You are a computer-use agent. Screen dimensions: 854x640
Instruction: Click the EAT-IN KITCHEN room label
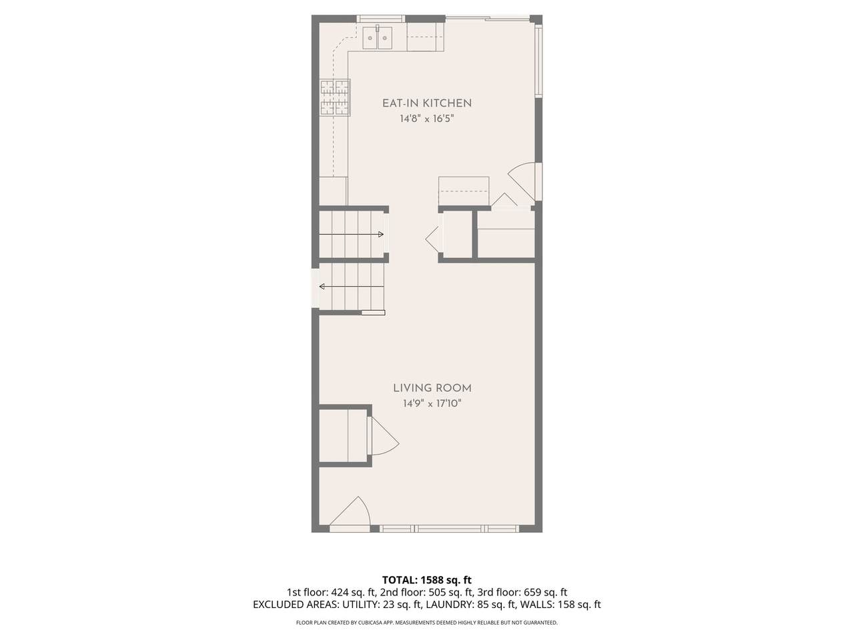click(427, 103)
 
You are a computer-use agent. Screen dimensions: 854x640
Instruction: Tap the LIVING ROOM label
click(432, 388)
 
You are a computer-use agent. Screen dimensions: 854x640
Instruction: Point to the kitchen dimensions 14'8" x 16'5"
click(427, 119)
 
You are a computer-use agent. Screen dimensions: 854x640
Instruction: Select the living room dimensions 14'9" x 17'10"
click(432, 403)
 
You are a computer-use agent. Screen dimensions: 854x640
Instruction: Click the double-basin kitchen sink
click(378, 38)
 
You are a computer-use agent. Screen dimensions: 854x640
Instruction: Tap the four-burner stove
click(335, 97)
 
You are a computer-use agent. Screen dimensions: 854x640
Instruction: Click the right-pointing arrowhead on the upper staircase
click(381, 234)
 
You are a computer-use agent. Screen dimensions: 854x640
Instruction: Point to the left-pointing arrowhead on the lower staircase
click(322, 287)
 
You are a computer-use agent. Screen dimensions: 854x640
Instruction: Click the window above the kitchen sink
click(380, 19)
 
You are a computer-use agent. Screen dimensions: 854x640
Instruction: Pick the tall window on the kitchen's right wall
click(538, 61)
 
